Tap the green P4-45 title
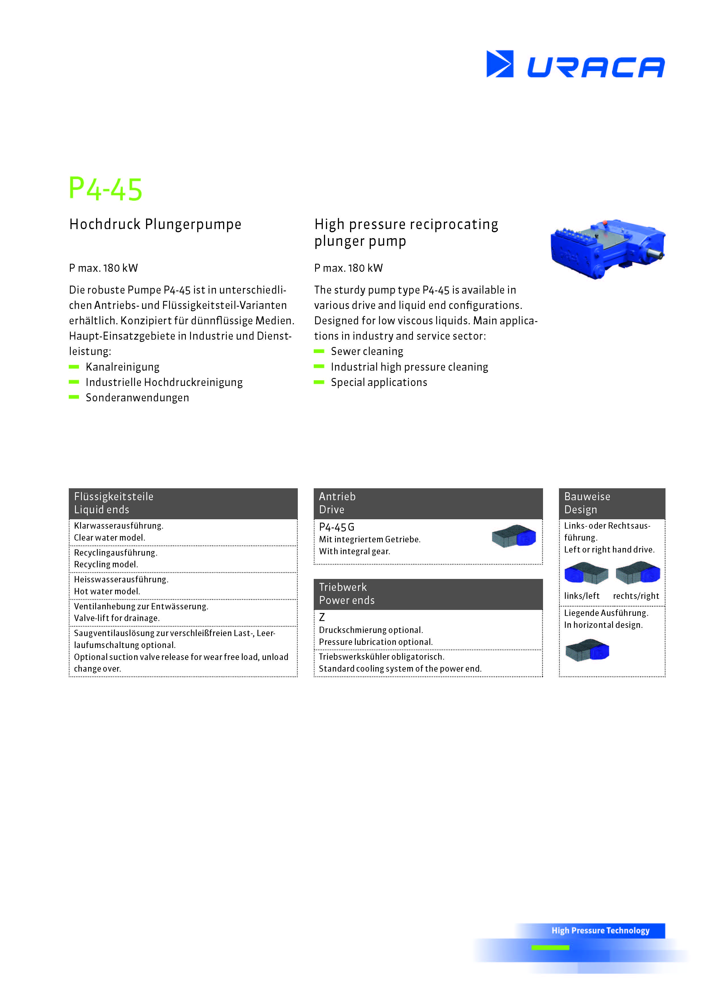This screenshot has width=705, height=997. pos(105,189)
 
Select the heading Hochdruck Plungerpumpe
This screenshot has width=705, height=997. pos(155,225)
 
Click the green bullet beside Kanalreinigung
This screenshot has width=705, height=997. pos(74,367)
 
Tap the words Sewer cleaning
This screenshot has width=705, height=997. pos(367,351)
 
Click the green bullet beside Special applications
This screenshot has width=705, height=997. pos(319,382)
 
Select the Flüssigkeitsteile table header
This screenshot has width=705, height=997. pos(183,503)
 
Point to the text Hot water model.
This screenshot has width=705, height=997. pos(107,591)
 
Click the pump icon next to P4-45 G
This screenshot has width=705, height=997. pos(513,537)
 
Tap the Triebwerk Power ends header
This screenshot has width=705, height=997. pos(428,594)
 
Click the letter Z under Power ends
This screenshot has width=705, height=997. pos(322,617)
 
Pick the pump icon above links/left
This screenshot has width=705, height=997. pos(586,574)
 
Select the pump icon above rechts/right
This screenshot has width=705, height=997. pos(637,573)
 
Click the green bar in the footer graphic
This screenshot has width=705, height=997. pos(550,948)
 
